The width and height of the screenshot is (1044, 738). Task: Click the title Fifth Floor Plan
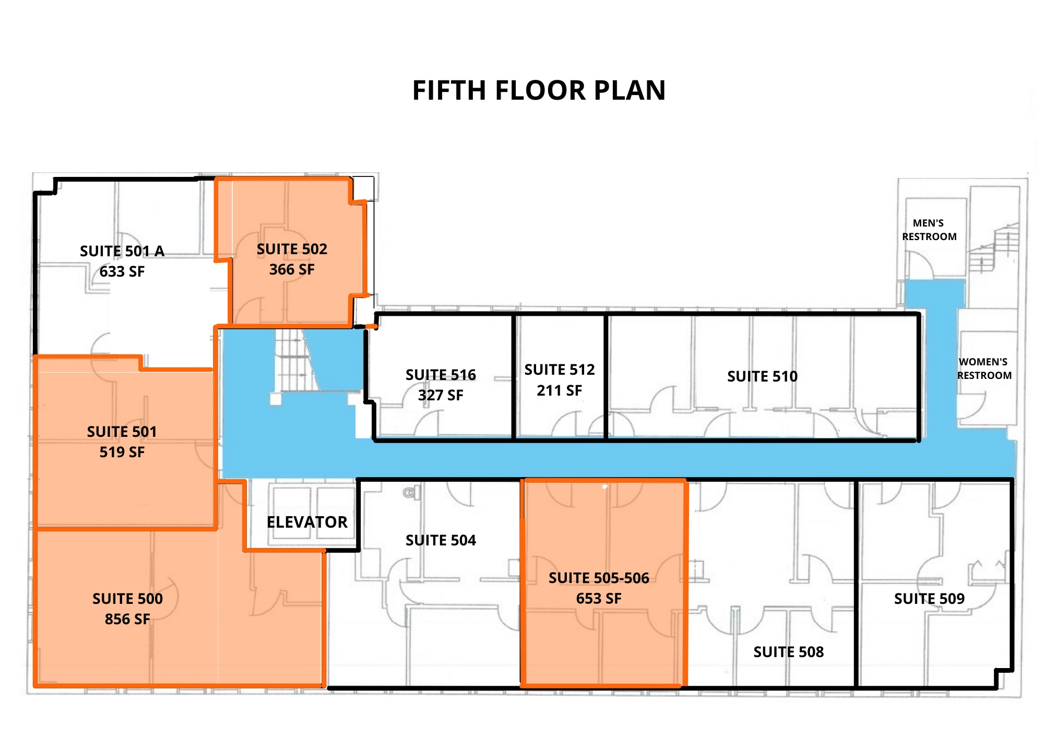click(539, 90)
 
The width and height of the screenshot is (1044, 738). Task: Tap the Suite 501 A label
click(122, 251)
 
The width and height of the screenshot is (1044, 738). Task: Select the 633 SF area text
click(122, 271)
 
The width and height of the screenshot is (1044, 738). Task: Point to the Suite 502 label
click(292, 249)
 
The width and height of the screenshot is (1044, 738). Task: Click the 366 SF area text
click(292, 269)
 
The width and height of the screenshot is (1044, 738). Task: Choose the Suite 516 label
click(441, 375)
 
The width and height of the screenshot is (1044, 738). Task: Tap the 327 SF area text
click(441, 395)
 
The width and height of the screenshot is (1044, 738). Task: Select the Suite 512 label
click(560, 370)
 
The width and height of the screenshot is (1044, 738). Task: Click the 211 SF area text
click(560, 390)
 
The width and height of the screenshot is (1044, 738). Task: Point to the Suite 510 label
click(762, 376)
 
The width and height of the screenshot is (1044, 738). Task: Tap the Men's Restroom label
click(929, 230)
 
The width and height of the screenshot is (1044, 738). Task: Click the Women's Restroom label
click(984, 368)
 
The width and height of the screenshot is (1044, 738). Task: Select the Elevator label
click(307, 522)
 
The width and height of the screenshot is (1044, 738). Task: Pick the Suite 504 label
click(441, 540)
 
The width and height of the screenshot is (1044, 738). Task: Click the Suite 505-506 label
click(599, 578)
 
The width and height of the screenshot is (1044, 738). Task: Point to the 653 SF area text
click(599, 598)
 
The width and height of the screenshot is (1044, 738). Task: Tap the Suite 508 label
click(788, 652)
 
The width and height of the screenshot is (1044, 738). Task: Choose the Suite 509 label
click(929, 599)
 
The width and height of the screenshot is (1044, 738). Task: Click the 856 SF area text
click(127, 619)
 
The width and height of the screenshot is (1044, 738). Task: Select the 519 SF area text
click(122, 452)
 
